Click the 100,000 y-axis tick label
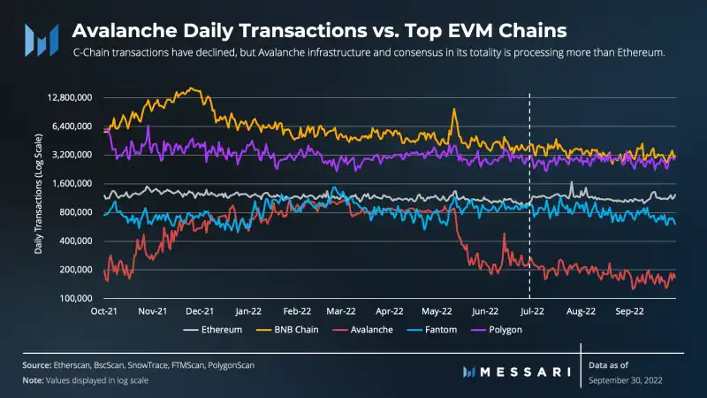[74, 298]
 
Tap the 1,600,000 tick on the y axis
[72, 183]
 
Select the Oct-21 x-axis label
[105, 311]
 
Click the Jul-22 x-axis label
[529, 311]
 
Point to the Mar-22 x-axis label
[340, 311]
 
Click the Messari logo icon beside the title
[41, 37]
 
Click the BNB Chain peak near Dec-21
[192, 88]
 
